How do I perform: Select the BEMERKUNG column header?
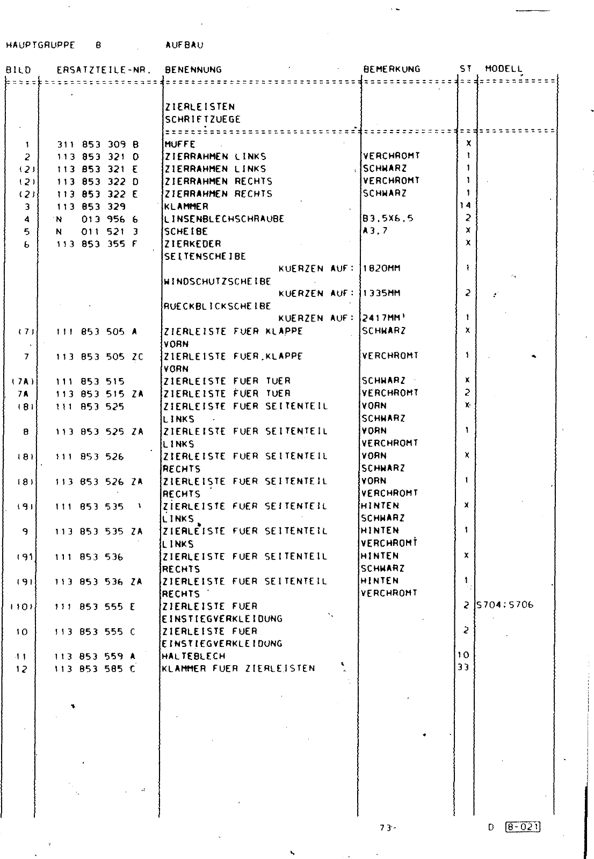click(392, 69)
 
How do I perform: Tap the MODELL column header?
click(503, 69)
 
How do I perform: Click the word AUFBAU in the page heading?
click(185, 46)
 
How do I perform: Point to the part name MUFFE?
click(179, 144)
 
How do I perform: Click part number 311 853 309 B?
click(97, 144)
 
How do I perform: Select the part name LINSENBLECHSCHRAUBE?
click(224, 219)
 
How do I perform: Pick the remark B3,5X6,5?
click(388, 219)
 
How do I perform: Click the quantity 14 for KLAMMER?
click(465, 206)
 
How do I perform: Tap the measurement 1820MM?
click(382, 268)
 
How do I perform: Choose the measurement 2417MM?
click(383, 318)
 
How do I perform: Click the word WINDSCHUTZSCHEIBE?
click(217, 281)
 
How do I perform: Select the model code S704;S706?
click(504, 605)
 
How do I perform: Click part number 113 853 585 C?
click(96, 668)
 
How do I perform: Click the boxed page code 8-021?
click(522, 827)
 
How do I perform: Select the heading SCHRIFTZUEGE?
click(202, 119)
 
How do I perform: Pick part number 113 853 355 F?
click(97, 243)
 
